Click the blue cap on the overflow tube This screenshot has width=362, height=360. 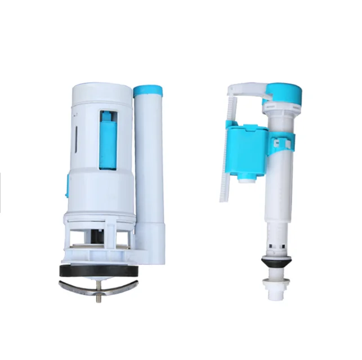pos(148,90)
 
